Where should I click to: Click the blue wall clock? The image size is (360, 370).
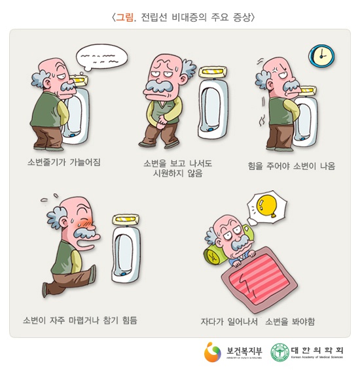321,56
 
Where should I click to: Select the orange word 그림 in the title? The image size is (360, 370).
124,17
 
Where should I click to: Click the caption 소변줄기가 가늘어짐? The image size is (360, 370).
64,162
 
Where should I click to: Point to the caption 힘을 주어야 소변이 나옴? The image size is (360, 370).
291,166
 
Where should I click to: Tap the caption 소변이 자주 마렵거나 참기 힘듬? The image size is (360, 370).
80,320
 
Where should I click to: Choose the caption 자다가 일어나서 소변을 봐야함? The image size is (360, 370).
258,321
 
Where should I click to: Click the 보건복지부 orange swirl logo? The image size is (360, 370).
212,352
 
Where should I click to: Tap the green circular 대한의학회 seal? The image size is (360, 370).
280,352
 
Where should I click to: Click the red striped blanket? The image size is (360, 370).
259,279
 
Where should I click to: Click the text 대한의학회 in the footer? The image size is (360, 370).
317,350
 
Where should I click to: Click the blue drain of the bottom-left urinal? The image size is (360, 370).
124,275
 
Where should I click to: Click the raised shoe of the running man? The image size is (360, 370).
45,290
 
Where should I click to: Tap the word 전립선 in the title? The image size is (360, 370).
154,17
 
